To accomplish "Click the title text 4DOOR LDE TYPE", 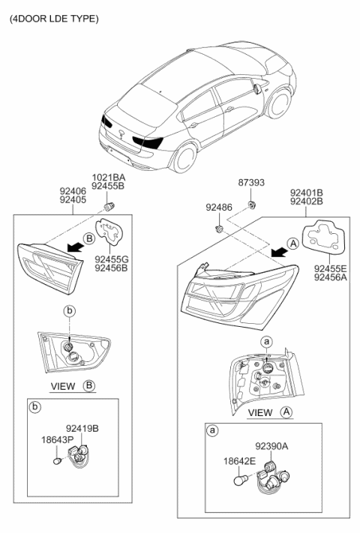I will [x=53, y=17].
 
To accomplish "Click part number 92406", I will [x=73, y=191].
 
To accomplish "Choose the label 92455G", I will [x=111, y=259].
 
